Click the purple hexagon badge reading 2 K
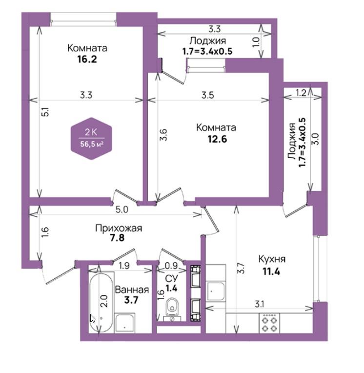(91, 139)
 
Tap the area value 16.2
(87, 59)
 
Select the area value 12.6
(217, 139)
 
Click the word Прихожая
(119, 228)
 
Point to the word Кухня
(272, 259)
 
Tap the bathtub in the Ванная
(101, 303)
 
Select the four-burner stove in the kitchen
(269, 323)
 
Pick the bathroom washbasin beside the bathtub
(125, 323)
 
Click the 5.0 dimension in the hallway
(121, 209)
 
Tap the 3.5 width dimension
(207, 95)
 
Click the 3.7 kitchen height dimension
(241, 268)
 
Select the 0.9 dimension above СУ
(171, 266)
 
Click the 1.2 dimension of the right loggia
(301, 93)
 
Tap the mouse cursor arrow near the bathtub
(93, 319)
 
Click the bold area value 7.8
(117, 238)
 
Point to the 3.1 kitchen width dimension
(260, 304)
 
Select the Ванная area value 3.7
(131, 300)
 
